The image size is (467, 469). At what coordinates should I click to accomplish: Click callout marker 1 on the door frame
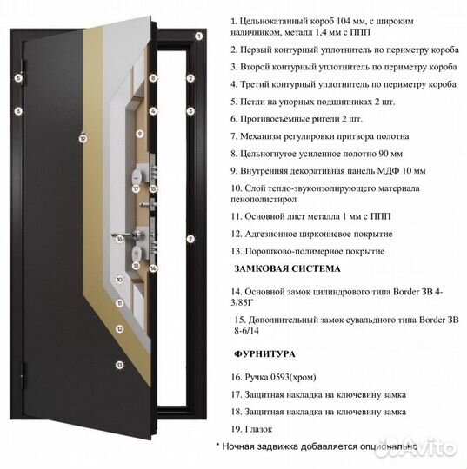click(198, 36)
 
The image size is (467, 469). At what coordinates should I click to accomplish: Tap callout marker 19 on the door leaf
click(83, 138)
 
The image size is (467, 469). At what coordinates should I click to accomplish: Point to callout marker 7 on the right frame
click(190, 239)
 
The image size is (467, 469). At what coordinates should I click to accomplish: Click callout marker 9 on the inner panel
click(139, 134)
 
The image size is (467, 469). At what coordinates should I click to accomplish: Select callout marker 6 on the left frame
click(17, 110)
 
